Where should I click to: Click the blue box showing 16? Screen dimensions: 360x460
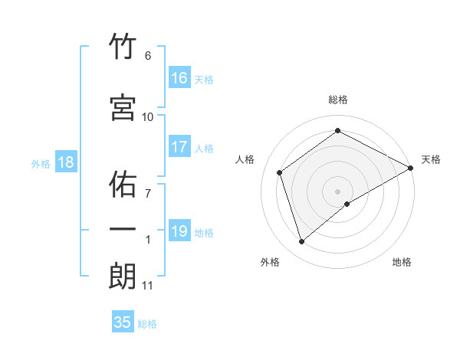[x=179, y=77]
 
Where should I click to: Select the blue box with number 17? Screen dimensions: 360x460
[x=179, y=147]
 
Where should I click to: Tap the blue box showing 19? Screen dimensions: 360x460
[x=179, y=231]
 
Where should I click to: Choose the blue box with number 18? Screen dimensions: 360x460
[x=65, y=162]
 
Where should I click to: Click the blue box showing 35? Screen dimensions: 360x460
[x=123, y=322]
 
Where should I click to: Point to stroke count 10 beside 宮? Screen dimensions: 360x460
[x=148, y=117]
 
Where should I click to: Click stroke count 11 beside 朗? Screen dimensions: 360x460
[x=148, y=286]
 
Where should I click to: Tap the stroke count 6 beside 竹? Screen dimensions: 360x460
[x=148, y=56]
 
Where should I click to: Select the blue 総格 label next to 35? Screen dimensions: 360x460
[x=147, y=324]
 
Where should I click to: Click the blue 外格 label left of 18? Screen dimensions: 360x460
[x=41, y=164]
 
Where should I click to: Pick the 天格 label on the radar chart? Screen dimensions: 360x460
[x=431, y=159]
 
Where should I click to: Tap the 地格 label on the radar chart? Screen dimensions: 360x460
[x=402, y=262]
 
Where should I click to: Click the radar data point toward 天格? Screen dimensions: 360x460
[x=412, y=168]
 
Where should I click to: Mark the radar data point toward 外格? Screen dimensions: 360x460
[x=302, y=242]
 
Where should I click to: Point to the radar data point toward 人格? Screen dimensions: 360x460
[x=280, y=172]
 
